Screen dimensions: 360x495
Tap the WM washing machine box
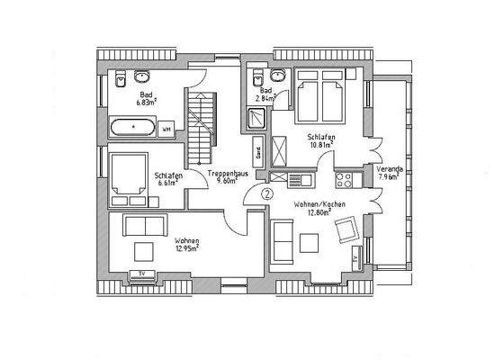point(166,130)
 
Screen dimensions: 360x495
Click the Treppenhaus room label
point(222,172)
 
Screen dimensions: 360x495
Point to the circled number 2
point(267,193)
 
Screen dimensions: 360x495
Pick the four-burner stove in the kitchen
point(344,180)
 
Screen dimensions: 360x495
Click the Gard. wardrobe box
point(258,153)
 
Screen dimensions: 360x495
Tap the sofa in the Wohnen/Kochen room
point(281,240)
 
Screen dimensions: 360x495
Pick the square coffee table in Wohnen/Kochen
point(310,242)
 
